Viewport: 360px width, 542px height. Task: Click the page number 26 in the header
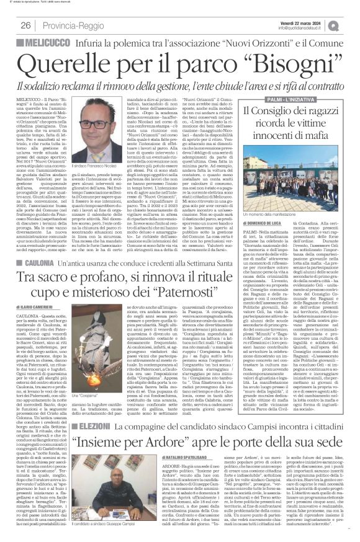coord(25,25)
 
